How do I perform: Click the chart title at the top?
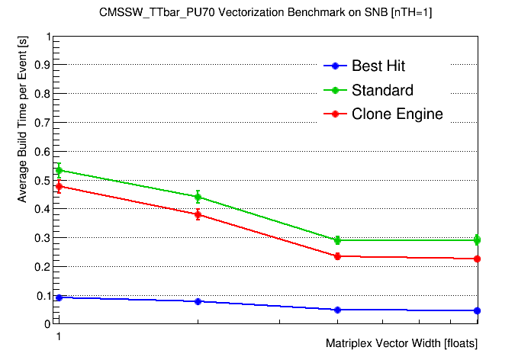pyautogui.click(x=265, y=13)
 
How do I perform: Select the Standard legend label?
pyautogui.click(x=382, y=91)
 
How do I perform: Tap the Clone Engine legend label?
pyautogui.click(x=397, y=114)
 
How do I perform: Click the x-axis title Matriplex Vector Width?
pyautogui.click(x=401, y=343)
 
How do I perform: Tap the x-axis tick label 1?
pyautogui.click(x=56, y=336)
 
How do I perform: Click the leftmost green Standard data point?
pyautogui.click(x=59, y=170)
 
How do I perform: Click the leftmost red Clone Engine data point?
pyautogui.click(x=59, y=186)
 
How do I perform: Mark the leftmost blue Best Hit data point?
pyautogui.click(x=59, y=297)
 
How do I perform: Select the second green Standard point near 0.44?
pyautogui.click(x=198, y=197)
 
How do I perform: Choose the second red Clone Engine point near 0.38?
pyautogui.click(x=198, y=214)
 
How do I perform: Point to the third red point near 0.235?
pyautogui.click(x=338, y=256)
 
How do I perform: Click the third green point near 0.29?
pyautogui.click(x=338, y=240)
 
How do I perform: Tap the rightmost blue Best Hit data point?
pyautogui.click(x=478, y=310)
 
